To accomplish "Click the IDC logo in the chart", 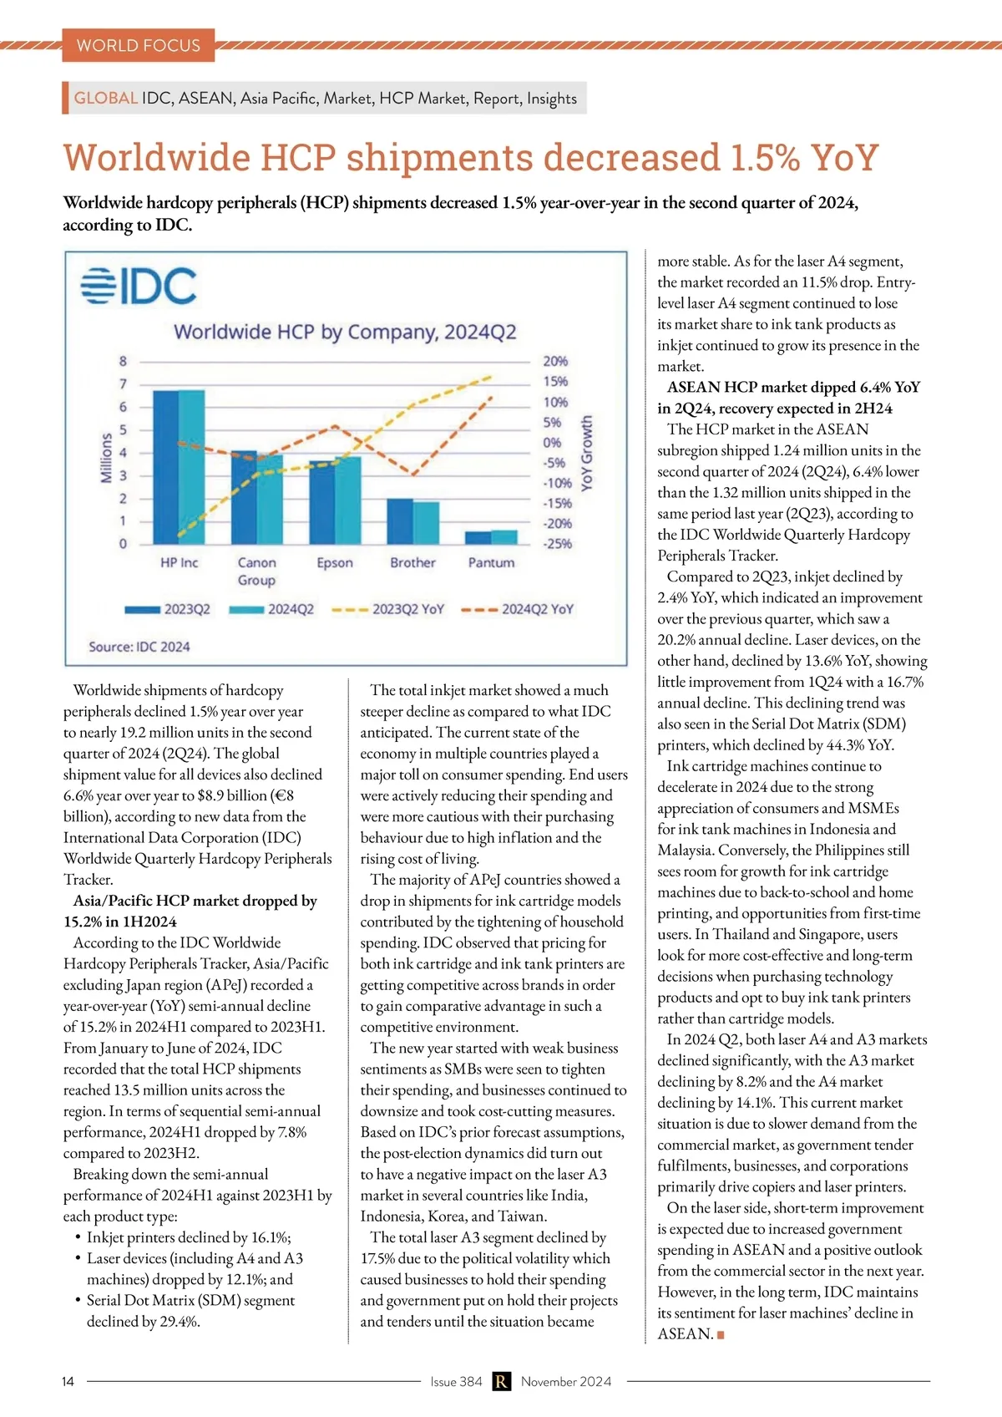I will coord(139,286).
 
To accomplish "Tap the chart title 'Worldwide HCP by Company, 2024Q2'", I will coord(345,332).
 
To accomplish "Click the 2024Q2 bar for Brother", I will coord(427,523).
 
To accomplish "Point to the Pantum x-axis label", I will coord(491,563).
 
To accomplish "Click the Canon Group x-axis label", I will coord(256,571).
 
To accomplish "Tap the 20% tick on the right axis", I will coord(555,361).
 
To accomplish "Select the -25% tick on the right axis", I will coord(557,544).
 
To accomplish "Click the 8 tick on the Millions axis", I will coord(124,361).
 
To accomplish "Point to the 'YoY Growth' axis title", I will coord(587,453).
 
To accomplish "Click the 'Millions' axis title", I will coord(106,457).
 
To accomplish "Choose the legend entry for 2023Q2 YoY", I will coord(388,609).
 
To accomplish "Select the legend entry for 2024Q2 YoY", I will coord(518,609).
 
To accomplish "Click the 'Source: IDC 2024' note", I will coord(139,647).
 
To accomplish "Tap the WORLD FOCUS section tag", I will coord(139,46).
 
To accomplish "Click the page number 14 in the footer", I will coord(68,1382).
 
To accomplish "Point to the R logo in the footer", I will coord(501,1382).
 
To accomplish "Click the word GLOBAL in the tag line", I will coord(106,98).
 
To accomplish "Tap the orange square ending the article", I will coord(721,1335).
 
